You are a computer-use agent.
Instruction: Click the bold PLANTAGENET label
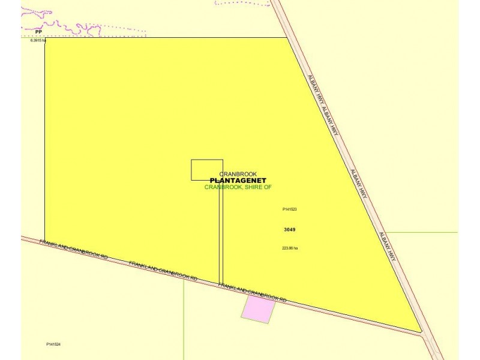[238, 180]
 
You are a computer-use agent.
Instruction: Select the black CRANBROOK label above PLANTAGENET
[238, 174]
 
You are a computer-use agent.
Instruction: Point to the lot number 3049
[289, 229]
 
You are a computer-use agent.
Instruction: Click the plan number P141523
[290, 209]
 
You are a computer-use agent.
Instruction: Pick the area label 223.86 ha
[290, 248]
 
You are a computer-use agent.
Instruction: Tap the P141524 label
[54, 344]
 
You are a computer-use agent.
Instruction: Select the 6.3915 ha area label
[38, 40]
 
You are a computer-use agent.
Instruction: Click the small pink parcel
[259, 310]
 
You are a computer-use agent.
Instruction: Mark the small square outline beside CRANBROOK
[207, 170]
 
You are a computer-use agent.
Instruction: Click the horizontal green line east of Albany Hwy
[420, 232]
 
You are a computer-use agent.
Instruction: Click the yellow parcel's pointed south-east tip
[421, 331]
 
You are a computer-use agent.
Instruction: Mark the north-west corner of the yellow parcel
[45, 38]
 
